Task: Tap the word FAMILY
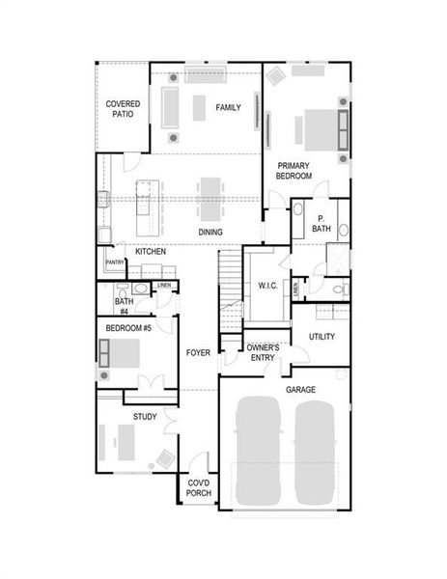click(228, 107)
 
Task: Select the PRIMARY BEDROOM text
click(294, 171)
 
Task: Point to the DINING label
click(210, 233)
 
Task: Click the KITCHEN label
click(151, 252)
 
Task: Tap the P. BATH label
click(321, 223)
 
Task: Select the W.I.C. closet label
click(267, 285)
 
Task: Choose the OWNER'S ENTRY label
click(263, 352)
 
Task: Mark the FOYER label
click(198, 352)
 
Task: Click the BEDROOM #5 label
click(128, 329)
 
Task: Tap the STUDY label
click(145, 417)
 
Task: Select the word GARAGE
click(300, 390)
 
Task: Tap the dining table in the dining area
click(210, 198)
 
